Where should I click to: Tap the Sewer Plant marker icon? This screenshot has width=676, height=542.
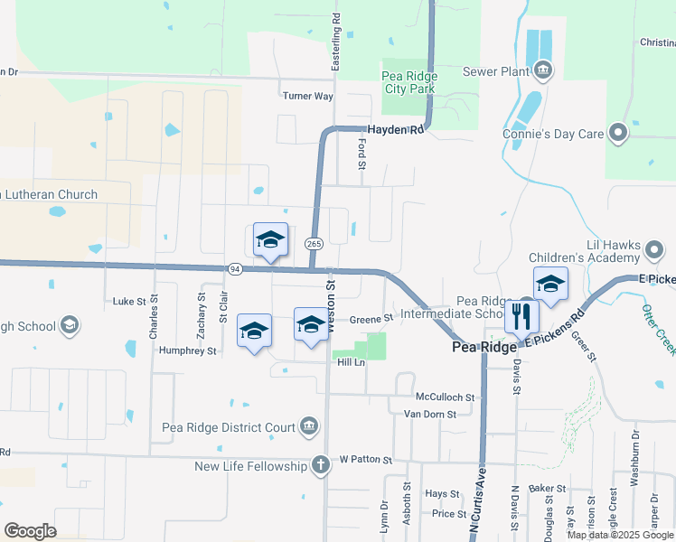(x=542, y=70)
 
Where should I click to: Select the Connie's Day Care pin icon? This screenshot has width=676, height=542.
(x=618, y=134)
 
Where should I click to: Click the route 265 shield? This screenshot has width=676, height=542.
(x=314, y=244)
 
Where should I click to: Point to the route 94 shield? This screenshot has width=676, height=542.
(x=235, y=269)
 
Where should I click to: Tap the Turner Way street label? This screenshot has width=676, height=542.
(x=308, y=96)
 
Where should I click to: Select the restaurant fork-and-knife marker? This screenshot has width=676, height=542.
(x=521, y=315)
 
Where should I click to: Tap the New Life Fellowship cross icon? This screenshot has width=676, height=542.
(x=319, y=465)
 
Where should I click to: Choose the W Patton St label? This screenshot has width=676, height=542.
(x=365, y=460)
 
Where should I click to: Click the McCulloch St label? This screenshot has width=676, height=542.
(x=446, y=397)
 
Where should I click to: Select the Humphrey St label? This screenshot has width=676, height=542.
(x=187, y=350)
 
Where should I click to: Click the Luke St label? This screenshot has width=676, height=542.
(x=123, y=302)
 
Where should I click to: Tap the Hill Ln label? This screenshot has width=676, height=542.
(x=351, y=362)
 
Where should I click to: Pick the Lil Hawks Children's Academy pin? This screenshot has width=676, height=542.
(x=656, y=248)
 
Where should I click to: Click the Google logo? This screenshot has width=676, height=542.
(x=30, y=531)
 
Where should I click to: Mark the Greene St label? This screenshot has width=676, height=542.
(x=371, y=319)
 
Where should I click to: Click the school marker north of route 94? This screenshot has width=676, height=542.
(x=270, y=239)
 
